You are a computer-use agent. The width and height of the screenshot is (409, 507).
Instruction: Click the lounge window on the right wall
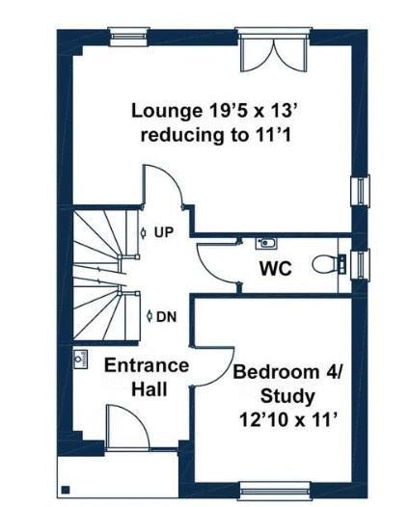(361, 190)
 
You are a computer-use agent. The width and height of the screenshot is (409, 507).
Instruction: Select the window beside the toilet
(361, 262)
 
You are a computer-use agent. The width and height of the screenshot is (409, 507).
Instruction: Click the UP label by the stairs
(162, 232)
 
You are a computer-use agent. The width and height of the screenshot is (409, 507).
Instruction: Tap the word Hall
(150, 389)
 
